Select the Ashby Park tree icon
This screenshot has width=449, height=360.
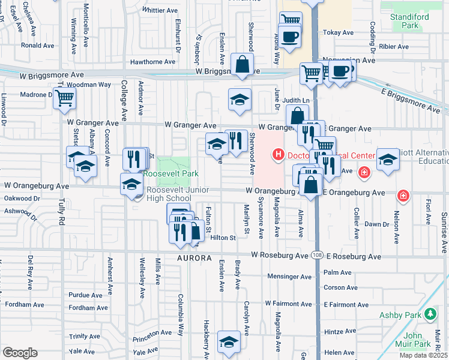[x=430, y=314]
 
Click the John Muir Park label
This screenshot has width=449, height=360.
[x=417, y=340]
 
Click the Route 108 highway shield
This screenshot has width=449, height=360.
[x=316, y=256]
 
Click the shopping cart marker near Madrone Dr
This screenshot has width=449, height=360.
[x=64, y=98]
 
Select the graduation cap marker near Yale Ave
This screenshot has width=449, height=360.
[x=229, y=342]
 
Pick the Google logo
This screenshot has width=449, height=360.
[x=20, y=353]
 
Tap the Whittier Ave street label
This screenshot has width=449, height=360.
[x=161, y=10]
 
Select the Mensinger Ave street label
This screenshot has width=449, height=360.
[x=291, y=277]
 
